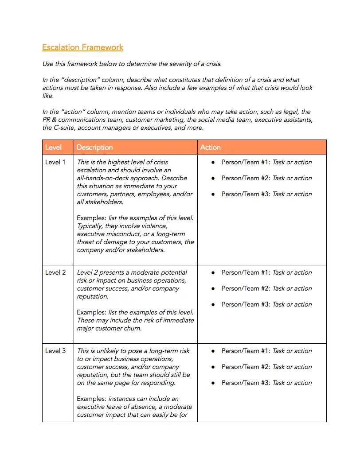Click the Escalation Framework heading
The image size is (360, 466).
tap(82, 47)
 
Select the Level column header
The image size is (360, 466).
tap(53, 148)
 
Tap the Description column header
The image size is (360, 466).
tap(94, 148)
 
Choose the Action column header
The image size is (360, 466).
tap(210, 148)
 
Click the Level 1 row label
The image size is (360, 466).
tap(55, 162)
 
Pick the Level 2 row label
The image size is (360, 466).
tap(55, 272)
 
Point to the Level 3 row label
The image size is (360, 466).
tap(55, 351)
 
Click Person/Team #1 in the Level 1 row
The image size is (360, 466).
tap(246, 162)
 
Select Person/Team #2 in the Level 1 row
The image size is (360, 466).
tap(246, 178)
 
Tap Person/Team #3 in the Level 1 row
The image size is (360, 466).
tap(246, 194)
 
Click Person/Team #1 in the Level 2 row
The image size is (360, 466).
tap(246, 272)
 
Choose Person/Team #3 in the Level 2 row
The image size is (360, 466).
tap(246, 304)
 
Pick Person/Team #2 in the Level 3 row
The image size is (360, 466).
tap(246, 367)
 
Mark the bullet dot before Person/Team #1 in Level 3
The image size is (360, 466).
tap(213, 351)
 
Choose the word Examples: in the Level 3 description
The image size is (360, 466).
tap(92, 399)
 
